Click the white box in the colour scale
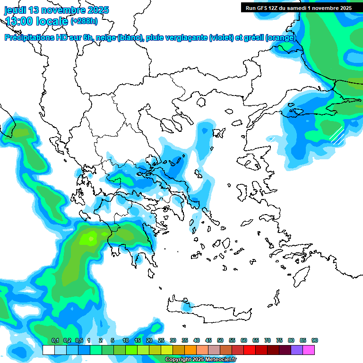click(48, 350)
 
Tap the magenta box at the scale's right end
click(309, 350)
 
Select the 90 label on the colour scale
click(315, 341)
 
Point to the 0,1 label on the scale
click(55, 341)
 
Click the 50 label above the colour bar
click(220, 341)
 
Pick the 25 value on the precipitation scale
click(161, 341)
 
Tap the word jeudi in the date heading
click(16, 10)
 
